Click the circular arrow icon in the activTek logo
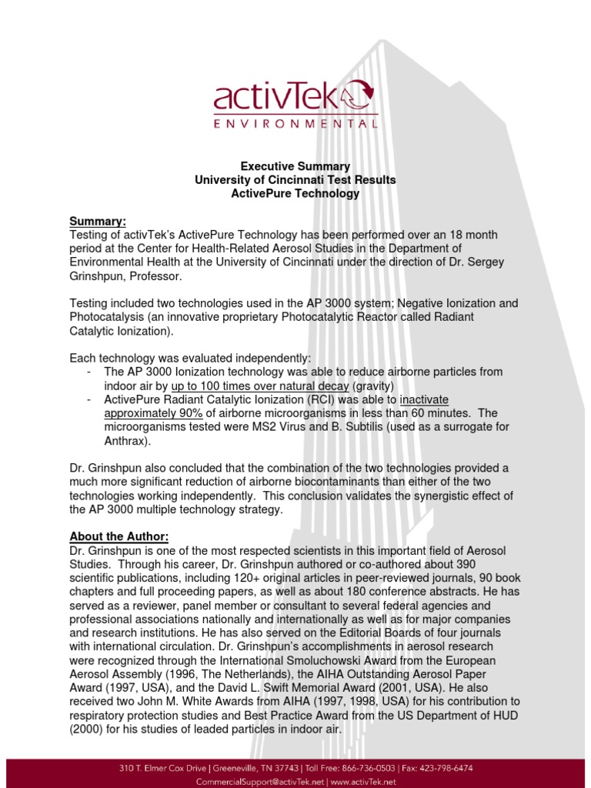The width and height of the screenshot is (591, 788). click(359, 97)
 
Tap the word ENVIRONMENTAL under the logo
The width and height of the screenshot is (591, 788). click(295, 123)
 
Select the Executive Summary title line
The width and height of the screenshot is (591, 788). click(295, 166)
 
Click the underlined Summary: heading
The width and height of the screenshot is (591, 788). click(98, 221)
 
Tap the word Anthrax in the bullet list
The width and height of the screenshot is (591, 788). click(126, 441)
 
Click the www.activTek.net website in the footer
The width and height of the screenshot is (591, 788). click(360, 781)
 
